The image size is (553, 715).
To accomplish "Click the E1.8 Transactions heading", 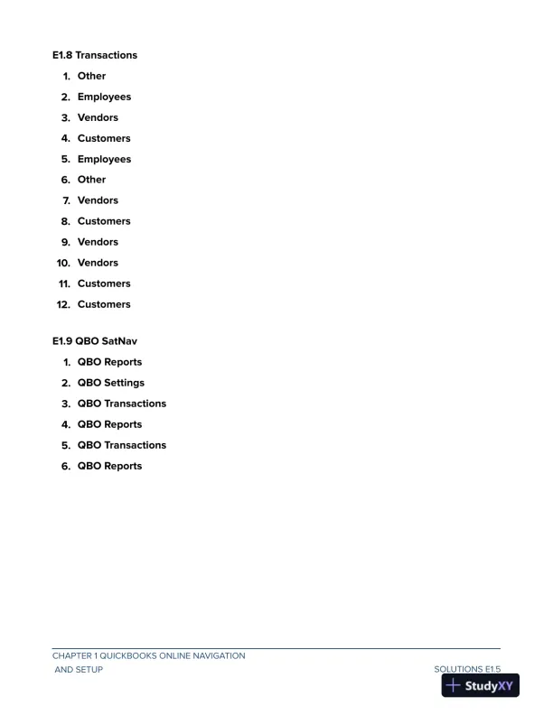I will (x=95, y=55).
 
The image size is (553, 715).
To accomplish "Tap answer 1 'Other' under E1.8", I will (x=91, y=76).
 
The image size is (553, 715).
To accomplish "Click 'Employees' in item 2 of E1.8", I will (x=104, y=97).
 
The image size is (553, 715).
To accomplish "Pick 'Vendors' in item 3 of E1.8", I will (x=98, y=117).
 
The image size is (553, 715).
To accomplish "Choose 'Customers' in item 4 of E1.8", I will (x=104, y=138).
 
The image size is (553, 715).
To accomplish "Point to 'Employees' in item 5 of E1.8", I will (x=104, y=159).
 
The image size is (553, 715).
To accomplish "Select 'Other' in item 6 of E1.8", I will (x=91, y=180).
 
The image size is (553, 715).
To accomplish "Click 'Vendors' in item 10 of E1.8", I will (x=98, y=263).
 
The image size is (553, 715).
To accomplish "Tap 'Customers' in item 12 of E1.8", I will (x=104, y=304).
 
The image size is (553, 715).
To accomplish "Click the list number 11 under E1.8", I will (x=63, y=283).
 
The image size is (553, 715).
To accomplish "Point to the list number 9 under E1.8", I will (x=66, y=242).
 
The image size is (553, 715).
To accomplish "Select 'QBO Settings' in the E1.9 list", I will (x=110, y=383).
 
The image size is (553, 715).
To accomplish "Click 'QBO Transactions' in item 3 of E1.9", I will (x=122, y=404).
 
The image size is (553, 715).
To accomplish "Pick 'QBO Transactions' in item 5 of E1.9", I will (x=122, y=445).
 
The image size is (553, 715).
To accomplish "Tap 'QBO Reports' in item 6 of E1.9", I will (x=109, y=466).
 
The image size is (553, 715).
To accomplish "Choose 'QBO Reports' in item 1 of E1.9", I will (x=109, y=362).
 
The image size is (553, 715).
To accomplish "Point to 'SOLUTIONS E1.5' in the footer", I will (x=467, y=669).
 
